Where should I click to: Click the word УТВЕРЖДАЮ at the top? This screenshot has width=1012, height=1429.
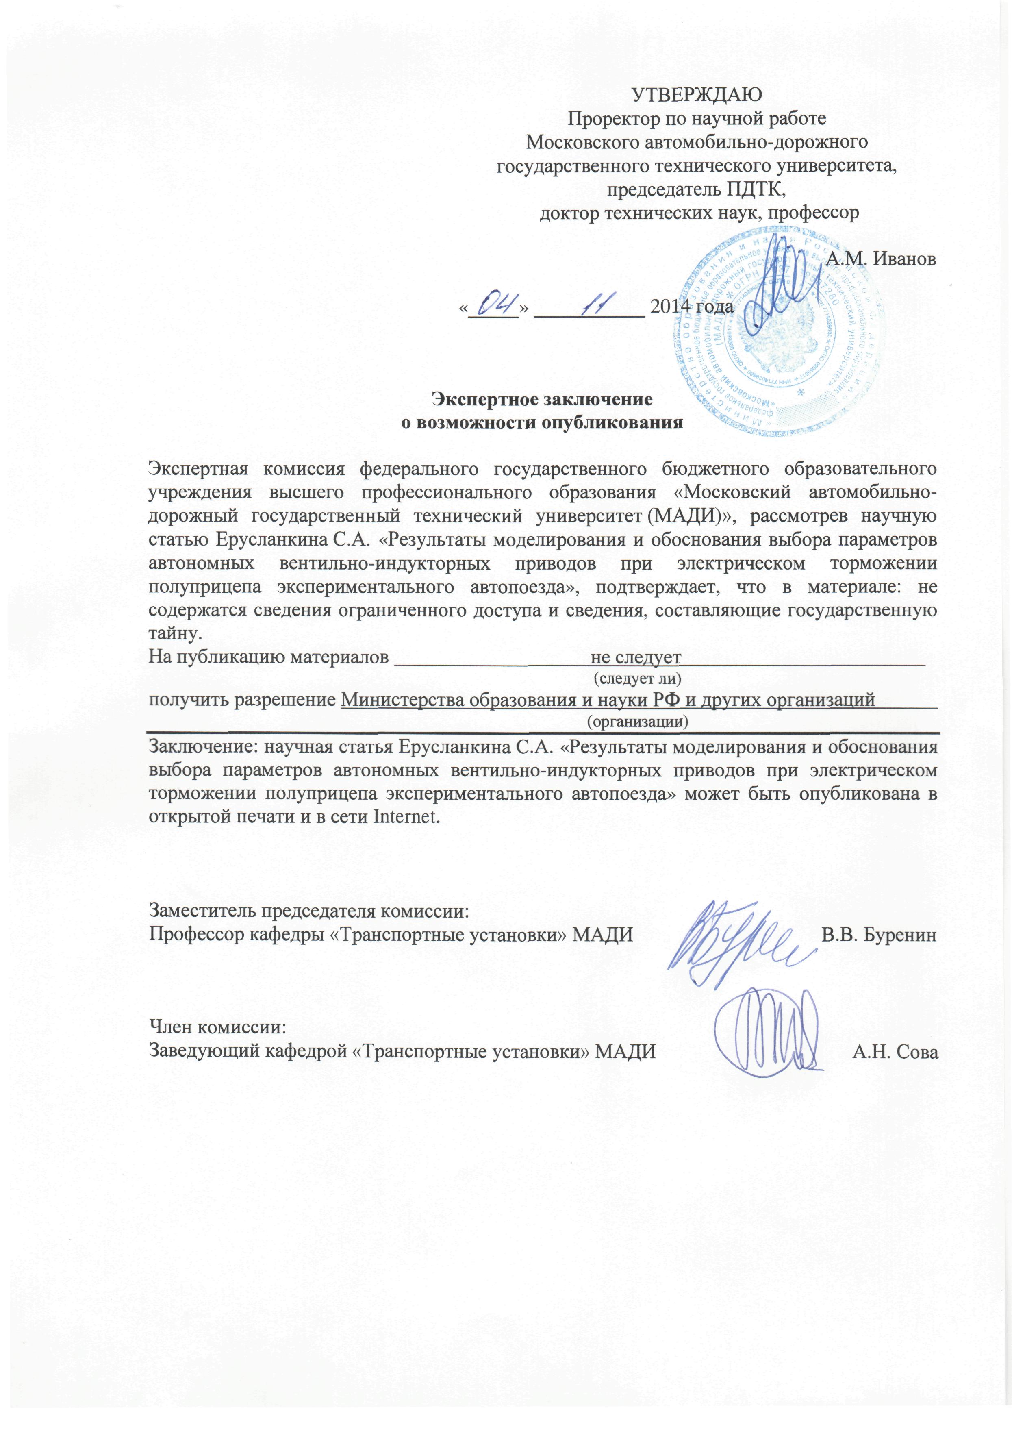(697, 95)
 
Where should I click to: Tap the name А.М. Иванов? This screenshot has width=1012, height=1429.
(880, 259)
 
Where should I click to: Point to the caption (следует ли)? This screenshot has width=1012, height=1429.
(638, 676)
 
